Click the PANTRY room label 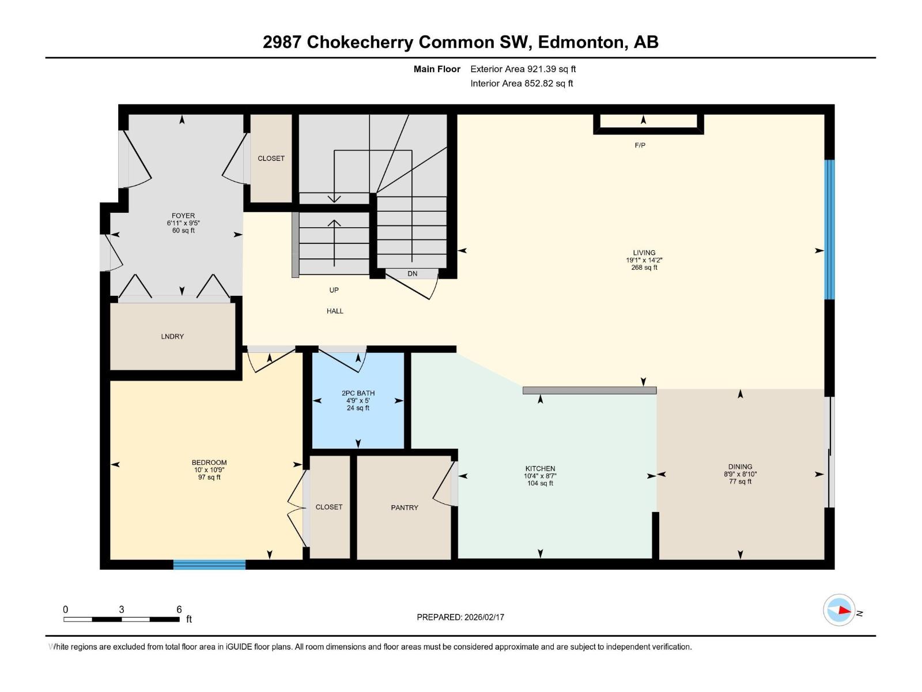(404, 507)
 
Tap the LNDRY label (172, 336)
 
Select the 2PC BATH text (358, 393)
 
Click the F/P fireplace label (640, 145)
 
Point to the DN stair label (412, 274)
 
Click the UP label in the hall (334, 290)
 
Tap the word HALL (335, 311)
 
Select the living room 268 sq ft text (644, 268)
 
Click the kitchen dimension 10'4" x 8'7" (540, 476)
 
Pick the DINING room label (740, 467)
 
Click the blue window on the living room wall (829, 230)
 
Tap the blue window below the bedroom (209, 565)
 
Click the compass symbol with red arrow (839, 610)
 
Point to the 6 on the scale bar (179, 610)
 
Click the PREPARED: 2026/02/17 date (460, 617)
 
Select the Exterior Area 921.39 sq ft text (523, 69)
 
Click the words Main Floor (437, 69)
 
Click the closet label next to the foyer (271, 159)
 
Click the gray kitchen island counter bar (589, 390)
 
